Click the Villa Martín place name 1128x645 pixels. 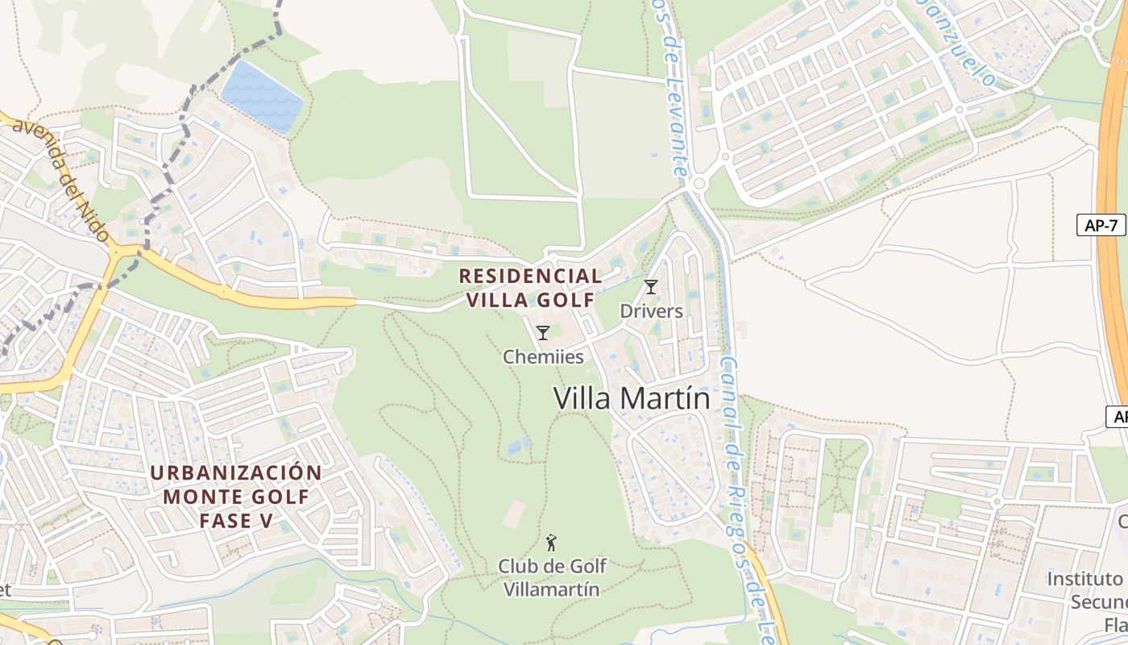[632, 399]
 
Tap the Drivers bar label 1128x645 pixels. [651, 311]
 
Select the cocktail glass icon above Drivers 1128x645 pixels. [651, 286]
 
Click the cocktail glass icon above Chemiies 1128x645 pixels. [543, 332]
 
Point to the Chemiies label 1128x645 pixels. [543, 356]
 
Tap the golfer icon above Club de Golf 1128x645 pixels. [552, 543]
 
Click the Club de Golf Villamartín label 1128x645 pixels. [552, 577]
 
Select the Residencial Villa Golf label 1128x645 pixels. [529, 288]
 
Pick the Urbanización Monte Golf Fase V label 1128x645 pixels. [236, 496]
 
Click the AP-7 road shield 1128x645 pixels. [1101, 225]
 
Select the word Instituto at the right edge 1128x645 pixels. [1084, 579]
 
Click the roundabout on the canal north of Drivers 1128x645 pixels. [699, 185]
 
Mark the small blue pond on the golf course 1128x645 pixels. [518, 446]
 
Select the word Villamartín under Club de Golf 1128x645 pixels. [552, 589]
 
